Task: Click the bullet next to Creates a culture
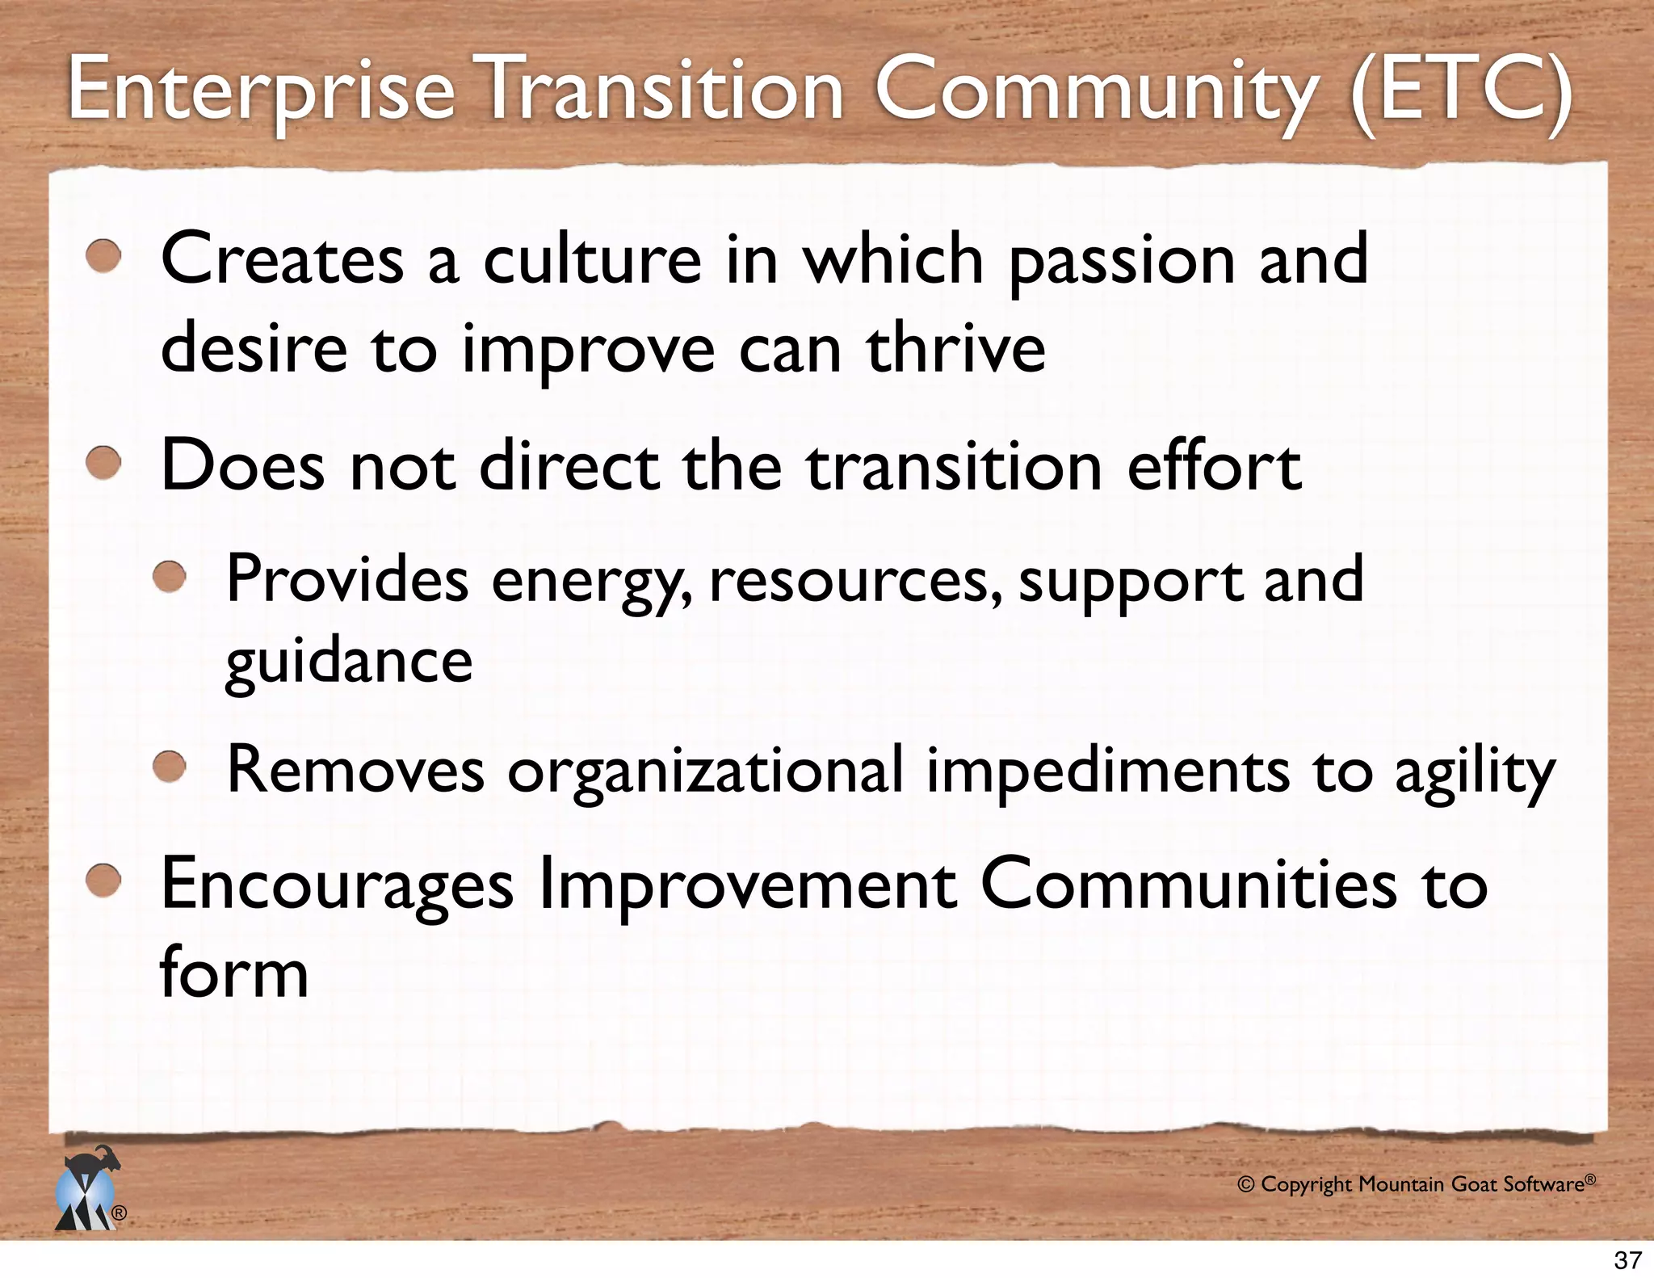(104, 258)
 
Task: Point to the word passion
(1122, 260)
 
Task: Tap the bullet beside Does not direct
(104, 465)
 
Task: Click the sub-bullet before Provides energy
(170, 578)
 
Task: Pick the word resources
(855, 581)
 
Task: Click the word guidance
(348, 662)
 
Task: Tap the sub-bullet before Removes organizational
(170, 767)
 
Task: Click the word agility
(1475, 771)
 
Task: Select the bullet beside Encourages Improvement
(104, 881)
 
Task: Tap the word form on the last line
(234, 972)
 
